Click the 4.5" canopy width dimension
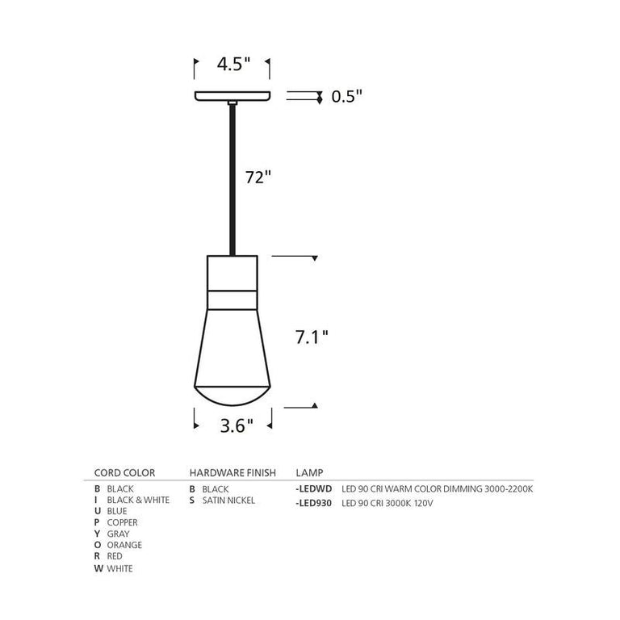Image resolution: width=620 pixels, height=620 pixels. (233, 63)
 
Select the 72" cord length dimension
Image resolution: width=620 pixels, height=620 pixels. (258, 178)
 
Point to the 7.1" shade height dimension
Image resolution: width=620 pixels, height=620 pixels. (311, 336)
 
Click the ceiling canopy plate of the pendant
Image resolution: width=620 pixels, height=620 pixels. (232, 96)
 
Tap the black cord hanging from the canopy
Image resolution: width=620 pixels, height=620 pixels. (232, 178)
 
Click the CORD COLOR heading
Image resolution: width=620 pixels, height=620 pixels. (124, 473)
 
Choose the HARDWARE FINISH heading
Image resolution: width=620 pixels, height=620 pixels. (233, 473)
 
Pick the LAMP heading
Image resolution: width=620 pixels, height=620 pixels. (310, 473)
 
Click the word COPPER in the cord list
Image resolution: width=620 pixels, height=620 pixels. (122, 522)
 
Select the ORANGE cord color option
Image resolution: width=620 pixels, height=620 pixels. (124, 545)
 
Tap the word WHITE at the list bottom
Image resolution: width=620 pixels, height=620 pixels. (119, 568)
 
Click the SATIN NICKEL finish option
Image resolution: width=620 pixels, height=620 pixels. (228, 501)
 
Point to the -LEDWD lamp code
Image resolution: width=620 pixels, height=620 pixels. (315, 489)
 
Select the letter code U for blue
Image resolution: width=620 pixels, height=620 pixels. (98, 511)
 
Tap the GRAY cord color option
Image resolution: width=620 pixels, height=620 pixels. (118, 534)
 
